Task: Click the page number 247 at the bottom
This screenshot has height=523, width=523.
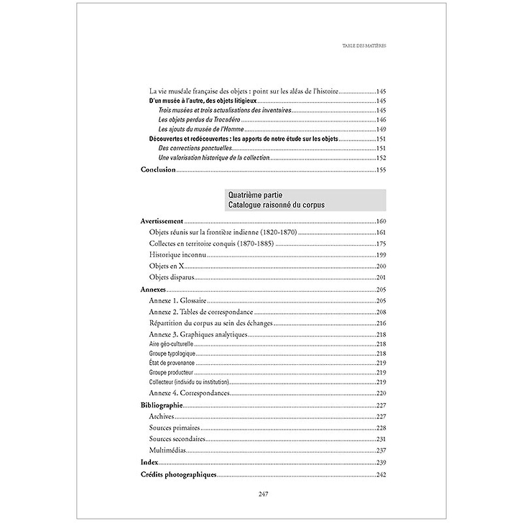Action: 261,492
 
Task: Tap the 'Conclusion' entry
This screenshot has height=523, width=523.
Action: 158,170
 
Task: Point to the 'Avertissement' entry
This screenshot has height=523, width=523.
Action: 162,221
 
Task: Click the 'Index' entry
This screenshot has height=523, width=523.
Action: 149,462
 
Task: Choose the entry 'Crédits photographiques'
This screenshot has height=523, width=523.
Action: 178,475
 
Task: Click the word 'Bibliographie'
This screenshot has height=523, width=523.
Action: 162,405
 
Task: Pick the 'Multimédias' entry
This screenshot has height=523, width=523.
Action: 168,450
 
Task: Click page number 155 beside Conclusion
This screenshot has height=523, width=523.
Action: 381,170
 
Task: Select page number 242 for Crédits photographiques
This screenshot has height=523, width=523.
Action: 381,475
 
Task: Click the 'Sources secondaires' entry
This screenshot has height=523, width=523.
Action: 177,439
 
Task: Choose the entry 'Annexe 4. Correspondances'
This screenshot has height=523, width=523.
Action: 189,394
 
